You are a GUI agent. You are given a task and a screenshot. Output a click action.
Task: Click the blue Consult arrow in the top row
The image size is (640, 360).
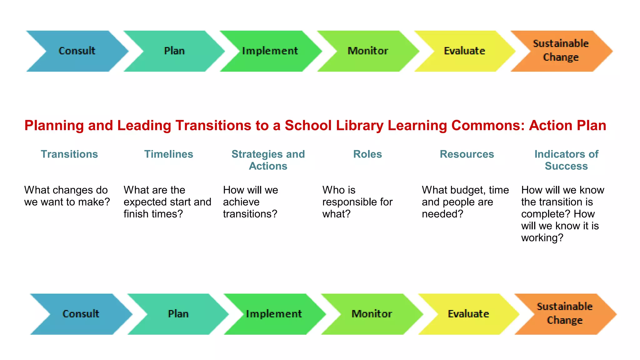(x=77, y=51)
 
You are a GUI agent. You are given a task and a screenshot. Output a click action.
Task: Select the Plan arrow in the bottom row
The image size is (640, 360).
(x=178, y=314)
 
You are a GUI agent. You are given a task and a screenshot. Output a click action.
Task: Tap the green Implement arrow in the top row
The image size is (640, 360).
(x=270, y=51)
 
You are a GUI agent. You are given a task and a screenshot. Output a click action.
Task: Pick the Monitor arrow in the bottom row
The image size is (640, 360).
(x=372, y=314)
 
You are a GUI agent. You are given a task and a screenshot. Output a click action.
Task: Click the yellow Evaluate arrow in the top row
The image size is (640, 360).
(x=464, y=51)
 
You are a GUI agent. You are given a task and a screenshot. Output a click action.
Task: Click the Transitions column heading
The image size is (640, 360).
(x=69, y=154)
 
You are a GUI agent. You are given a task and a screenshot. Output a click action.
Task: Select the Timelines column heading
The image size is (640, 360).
(x=169, y=154)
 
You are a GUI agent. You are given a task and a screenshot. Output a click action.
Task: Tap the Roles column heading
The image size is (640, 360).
(x=367, y=154)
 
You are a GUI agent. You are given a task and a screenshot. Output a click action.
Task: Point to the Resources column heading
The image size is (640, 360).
(x=467, y=154)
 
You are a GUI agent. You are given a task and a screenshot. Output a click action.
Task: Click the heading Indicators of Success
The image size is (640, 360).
(x=566, y=160)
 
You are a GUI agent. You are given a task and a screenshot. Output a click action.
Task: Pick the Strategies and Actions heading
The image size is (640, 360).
(x=268, y=160)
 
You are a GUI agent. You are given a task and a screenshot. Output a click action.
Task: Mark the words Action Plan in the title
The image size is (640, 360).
(x=567, y=126)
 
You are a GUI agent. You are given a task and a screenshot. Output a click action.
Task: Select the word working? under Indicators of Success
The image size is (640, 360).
(x=542, y=238)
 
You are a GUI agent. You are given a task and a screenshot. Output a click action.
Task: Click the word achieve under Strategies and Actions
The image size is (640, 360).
(x=241, y=202)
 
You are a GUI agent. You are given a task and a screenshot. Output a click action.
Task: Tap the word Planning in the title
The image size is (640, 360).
(x=54, y=126)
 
